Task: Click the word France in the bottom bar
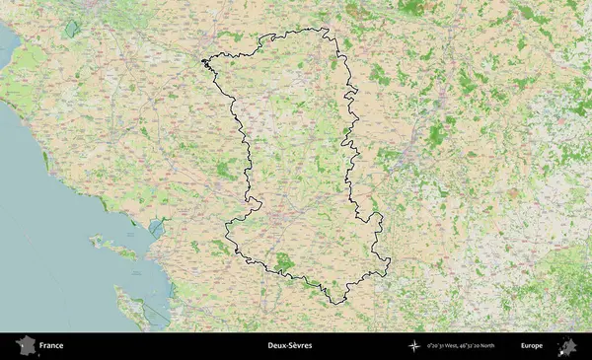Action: click(x=51, y=346)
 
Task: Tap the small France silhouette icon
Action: click(x=25, y=346)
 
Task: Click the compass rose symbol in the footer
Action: click(x=414, y=346)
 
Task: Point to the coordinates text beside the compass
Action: click(x=468, y=346)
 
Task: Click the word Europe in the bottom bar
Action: click(x=532, y=346)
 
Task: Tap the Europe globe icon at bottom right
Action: click(x=567, y=346)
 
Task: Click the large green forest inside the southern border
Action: click(x=286, y=261)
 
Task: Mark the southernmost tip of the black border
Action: click(x=336, y=303)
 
